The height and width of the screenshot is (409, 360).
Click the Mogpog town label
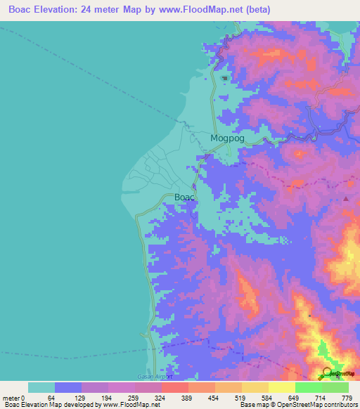228,138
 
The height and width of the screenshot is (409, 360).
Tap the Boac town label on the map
184,198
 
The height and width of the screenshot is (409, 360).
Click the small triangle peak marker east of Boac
346,199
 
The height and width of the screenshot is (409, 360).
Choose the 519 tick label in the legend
241,398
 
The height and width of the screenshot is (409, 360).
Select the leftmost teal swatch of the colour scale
41,387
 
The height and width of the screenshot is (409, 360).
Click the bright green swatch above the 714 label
308,387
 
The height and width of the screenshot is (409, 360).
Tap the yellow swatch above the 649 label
281,387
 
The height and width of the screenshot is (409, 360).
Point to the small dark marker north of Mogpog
224,78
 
